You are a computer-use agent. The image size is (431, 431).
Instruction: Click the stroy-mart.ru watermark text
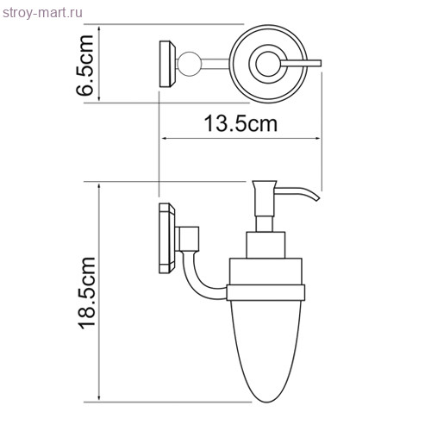[42, 13]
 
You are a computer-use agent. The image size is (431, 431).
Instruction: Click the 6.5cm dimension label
[85, 66]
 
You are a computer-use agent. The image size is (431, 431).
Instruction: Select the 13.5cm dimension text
[240, 124]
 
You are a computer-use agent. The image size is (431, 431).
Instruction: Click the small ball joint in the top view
[187, 64]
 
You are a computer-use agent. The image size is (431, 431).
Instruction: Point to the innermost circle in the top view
[267, 64]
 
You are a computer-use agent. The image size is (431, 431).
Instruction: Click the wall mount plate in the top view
[168, 64]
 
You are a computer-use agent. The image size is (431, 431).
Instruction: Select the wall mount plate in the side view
[167, 238]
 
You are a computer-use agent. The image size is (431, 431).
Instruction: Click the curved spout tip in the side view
[317, 198]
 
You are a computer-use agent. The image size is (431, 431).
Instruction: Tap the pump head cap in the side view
[264, 184]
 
